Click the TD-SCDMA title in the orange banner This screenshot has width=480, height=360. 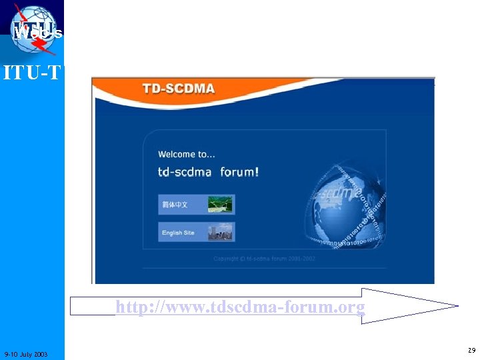[178, 89]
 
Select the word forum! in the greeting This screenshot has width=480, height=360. [239, 172]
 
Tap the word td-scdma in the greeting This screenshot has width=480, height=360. [185, 172]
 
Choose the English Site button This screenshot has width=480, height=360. [197, 233]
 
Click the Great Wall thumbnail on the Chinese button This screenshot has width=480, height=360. [221, 204]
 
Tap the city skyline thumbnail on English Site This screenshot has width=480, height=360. [221, 233]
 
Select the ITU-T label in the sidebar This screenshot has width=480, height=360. [32, 72]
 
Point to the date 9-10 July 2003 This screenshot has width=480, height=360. [25, 353]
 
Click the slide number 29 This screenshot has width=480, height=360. [471, 349]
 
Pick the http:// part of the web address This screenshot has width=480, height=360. [137, 307]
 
